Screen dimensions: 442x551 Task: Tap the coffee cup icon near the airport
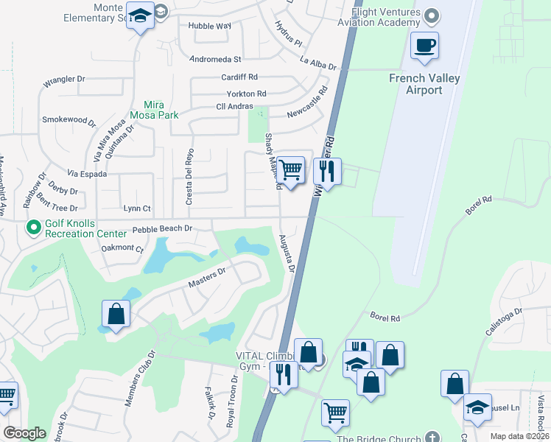(424, 46)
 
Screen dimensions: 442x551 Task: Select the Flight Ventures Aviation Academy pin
(432, 15)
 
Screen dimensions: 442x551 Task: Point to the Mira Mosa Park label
(154, 109)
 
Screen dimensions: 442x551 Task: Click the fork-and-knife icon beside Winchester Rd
(327, 172)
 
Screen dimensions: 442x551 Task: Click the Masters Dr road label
(206, 277)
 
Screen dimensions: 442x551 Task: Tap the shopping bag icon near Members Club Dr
(116, 314)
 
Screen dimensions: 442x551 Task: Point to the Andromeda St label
(215, 58)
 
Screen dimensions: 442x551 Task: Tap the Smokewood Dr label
(69, 119)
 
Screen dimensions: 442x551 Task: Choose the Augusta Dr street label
(286, 253)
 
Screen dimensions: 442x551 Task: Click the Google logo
(24, 434)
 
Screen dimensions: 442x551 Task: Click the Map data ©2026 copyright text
(509, 436)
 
